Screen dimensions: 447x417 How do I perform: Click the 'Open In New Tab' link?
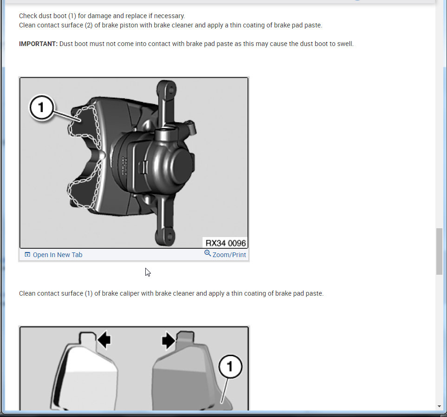[57, 255]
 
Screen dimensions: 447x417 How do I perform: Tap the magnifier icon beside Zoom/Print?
[207, 253]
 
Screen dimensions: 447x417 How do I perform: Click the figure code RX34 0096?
[225, 243]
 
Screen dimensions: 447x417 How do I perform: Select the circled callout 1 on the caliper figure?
[42, 107]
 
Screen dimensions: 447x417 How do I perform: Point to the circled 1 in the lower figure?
[230, 366]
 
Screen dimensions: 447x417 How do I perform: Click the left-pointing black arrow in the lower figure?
[104, 340]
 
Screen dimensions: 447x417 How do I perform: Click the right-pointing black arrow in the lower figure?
[168, 340]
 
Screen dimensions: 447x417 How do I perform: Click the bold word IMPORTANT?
[38, 44]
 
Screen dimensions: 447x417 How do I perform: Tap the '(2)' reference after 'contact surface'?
[89, 25]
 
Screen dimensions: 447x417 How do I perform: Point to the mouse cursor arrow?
[148, 272]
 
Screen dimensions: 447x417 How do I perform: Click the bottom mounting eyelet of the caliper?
[165, 236]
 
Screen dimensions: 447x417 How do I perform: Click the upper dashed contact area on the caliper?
[84, 126]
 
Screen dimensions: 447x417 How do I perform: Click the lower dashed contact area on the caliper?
[84, 184]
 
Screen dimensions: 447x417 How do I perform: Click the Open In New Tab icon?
[27, 254]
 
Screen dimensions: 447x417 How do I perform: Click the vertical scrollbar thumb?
[439, 251]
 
